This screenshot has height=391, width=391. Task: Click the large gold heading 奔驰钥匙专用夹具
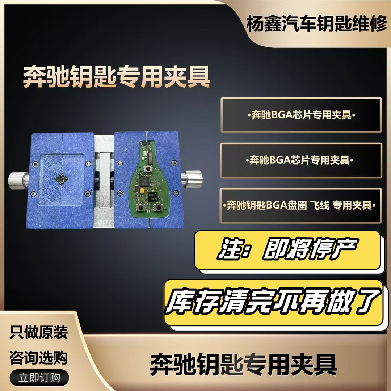pos(117,76)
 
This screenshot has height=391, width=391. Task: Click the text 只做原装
pos(39,332)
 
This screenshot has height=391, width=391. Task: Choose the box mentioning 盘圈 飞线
pos(301,205)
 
